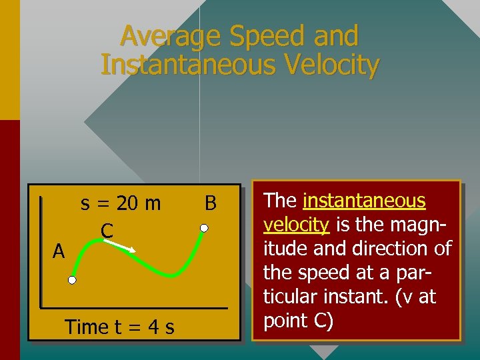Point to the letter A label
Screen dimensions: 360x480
[59, 251]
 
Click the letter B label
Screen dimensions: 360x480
[211, 203]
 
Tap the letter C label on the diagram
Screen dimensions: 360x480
[106, 231]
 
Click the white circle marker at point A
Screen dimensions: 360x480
[71, 281]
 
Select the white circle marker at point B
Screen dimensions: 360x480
[205, 228]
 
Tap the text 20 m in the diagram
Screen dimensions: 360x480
[139, 203]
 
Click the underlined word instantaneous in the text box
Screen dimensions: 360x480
[364, 201]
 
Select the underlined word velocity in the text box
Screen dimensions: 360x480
[297, 225]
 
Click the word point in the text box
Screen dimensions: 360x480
[283, 321]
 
